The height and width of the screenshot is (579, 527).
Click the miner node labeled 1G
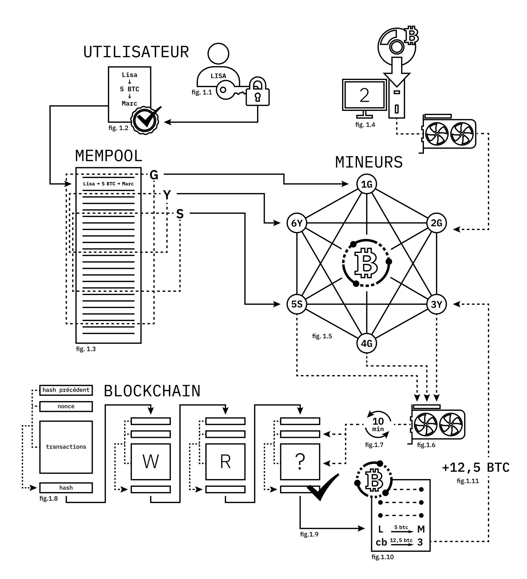click(x=367, y=184)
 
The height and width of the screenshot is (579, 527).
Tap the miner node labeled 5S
click(x=297, y=304)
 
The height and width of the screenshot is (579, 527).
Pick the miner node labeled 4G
click(x=367, y=343)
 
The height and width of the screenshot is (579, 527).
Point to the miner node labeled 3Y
click(x=436, y=304)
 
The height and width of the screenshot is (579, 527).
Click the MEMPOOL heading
click(x=109, y=156)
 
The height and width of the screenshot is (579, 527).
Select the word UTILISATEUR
click(x=136, y=52)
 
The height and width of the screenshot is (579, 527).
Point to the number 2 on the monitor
click(x=364, y=95)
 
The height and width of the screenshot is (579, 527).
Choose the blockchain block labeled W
click(x=150, y=462)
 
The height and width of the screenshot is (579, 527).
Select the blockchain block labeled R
click(x=225, y=462)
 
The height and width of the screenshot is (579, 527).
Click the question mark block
click(x=300, y=462)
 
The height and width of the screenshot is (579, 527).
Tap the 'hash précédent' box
click(x=66, y=390)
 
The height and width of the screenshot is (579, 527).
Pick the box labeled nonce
click(x=66, y=406)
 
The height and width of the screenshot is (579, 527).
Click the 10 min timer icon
click(x=378, y=425)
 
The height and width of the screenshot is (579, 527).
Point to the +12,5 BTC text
click(x=475, y=468)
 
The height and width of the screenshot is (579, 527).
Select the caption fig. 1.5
click(x=322, y=336)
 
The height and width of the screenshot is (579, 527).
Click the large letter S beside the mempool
click(x=180, y=214)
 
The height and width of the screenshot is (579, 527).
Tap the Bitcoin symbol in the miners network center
click(x=367, y=263)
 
